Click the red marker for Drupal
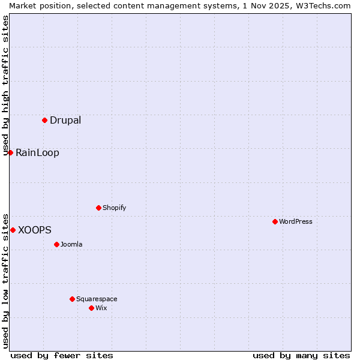44,120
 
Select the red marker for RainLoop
10,152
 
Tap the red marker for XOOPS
13,230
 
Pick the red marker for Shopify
98,208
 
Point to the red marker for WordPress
275,221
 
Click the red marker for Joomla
56,244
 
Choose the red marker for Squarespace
72,299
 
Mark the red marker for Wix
91,308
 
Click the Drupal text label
65,120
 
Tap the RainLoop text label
37,152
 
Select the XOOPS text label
35,230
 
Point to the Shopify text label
114,208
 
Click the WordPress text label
296,221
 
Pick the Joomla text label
71,244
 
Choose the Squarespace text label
97,299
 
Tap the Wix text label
101,308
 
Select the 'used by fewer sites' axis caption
62,355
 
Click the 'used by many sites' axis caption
301,355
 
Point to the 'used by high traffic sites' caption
5,85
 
